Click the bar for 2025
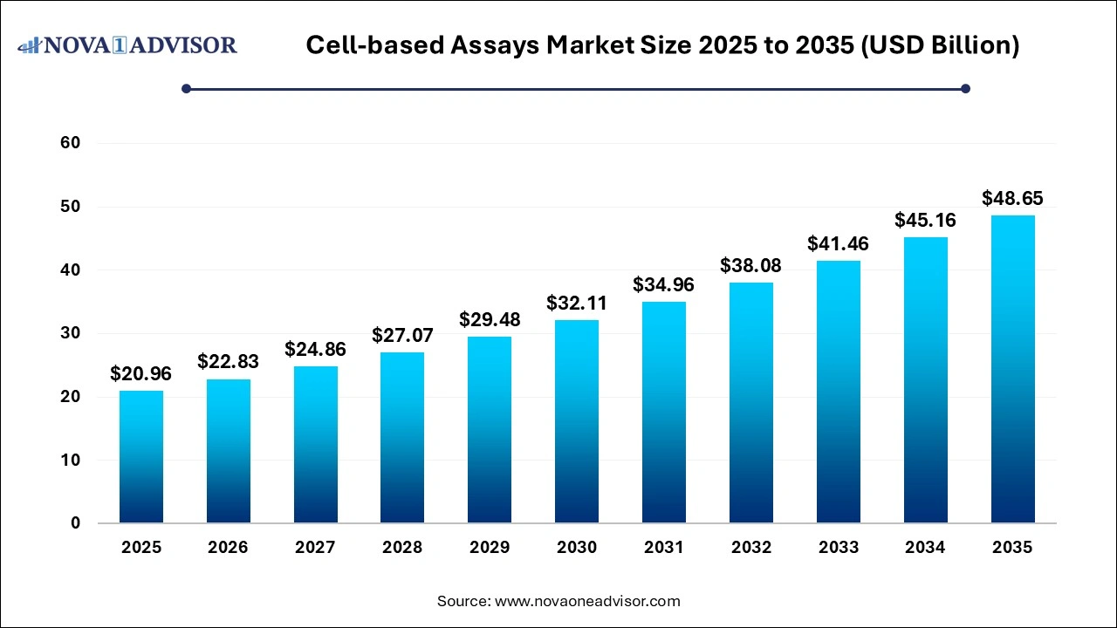click(140, 457)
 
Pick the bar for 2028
click(402, 437)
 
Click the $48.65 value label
click(1012, 198)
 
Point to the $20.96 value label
click(140, 374)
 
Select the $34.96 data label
click(664, 284)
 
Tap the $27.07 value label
click(402, 335)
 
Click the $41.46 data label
click(839, 243)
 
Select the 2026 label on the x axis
click(228, 548)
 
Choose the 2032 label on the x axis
click(751, 548)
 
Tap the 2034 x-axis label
click(925, 548)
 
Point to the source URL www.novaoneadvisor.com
click(587, 601)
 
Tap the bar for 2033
click(839, 392)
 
